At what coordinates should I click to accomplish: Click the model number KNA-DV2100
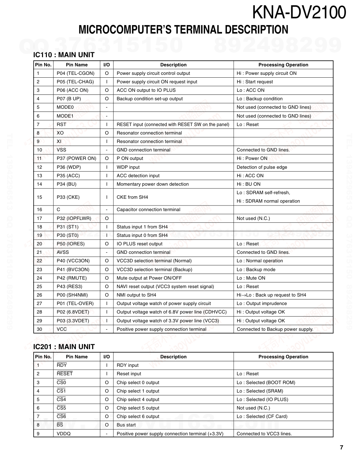(x=299, y=13)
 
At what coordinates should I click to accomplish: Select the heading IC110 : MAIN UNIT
(x=64, y=55)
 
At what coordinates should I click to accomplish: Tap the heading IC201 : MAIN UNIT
(x=64, y=347)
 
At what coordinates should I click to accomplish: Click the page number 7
(x=341, y=448)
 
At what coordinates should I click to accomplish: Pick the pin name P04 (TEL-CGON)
(x=76, y=73)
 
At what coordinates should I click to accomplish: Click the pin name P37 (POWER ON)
(x=76, y=159)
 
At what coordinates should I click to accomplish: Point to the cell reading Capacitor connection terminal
(x=148, y=210)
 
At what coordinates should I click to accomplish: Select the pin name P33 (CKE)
(x=68, y=197)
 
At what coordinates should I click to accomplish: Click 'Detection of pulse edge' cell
(x=262, y=167)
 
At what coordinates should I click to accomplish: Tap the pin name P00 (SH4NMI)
(x=72, y=295)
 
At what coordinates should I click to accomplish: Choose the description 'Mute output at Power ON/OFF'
(x=149, y=278)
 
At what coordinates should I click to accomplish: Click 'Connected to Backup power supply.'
(x=275, y=329)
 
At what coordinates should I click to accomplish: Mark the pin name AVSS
(x=63, y=252)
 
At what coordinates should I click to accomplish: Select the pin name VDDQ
(x=64, y=434)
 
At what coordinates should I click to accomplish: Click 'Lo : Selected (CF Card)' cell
(x=262, y=417)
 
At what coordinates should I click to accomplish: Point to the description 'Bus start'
(x=126, y=425)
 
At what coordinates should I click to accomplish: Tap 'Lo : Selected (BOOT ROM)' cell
(x=266, y=383)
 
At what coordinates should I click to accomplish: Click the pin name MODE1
(x=65, y=116)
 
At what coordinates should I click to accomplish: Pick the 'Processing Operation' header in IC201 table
(x=283, y=357)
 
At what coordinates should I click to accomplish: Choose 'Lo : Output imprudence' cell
(x=262, y=304)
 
